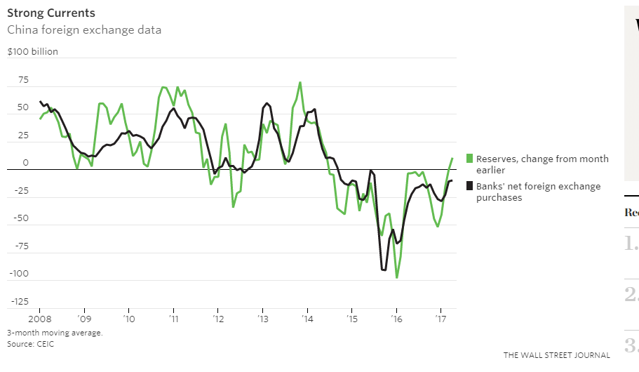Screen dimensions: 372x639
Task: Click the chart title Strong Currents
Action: pyautogui.click(x=51, y=13)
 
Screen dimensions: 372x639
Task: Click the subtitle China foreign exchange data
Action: pyautogui.click(x=84, y=30)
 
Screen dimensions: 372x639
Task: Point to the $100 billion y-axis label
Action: pyautogui.click(x=33, y=51)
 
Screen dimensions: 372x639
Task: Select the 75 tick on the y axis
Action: pyautogui.click(x=23, y=81)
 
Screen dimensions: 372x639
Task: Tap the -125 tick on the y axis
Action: pyautogui.click(x=19, y=302)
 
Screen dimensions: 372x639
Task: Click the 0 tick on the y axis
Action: pyautogui.click(x=25, y=164)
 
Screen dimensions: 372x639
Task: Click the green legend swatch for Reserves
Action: pyautogui.click(x=470, y=159)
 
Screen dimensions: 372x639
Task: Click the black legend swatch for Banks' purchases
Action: pyautogui.click(x=470, y=187)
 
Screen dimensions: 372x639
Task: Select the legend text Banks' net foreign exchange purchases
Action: pyautogui.click(x=538, y=192)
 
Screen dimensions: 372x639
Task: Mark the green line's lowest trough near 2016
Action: pyautogui.click(x=397, y=278)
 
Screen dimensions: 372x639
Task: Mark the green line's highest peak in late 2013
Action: pyautogui.click(x=300, y=82)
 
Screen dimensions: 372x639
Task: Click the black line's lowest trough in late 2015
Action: pyautogui.click(x=384, y=270)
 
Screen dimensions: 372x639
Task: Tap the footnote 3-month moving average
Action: pyautogui.click(x=55, y=333)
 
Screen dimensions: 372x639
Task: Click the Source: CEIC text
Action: pyautogui.click(x=30, y=344)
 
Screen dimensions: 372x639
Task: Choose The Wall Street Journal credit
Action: pyautogui.click(x=556, y=355)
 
